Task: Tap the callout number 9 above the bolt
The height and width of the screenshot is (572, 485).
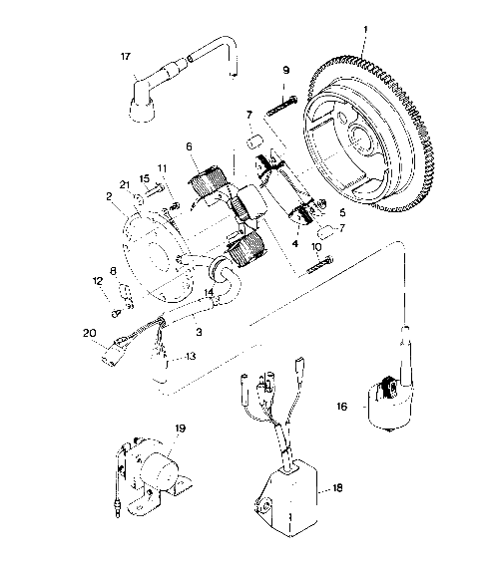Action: tap(286, 71)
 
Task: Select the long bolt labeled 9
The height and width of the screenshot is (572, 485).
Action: tap(282, 103)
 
